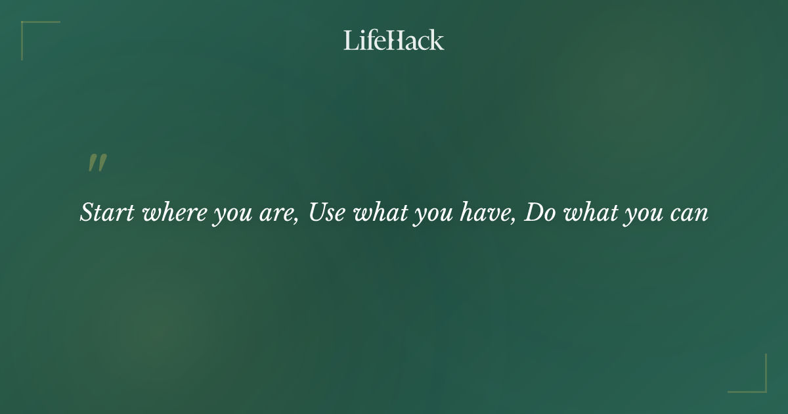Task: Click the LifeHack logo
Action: [394, 40]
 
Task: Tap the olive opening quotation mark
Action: [97, 163]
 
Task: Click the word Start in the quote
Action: [107, 213]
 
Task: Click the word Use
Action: [326, 213]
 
